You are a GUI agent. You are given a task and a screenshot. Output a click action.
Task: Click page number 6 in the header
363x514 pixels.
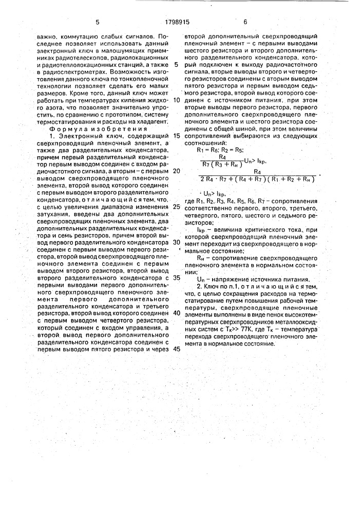click(x=245, y=22)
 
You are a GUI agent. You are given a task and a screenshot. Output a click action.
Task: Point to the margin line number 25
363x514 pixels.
click(x=177, y=207)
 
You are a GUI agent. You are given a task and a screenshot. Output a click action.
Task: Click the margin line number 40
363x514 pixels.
click(x=177, y=313)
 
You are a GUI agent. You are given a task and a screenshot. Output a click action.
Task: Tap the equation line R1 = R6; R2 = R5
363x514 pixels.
click(x=218, y=149)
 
